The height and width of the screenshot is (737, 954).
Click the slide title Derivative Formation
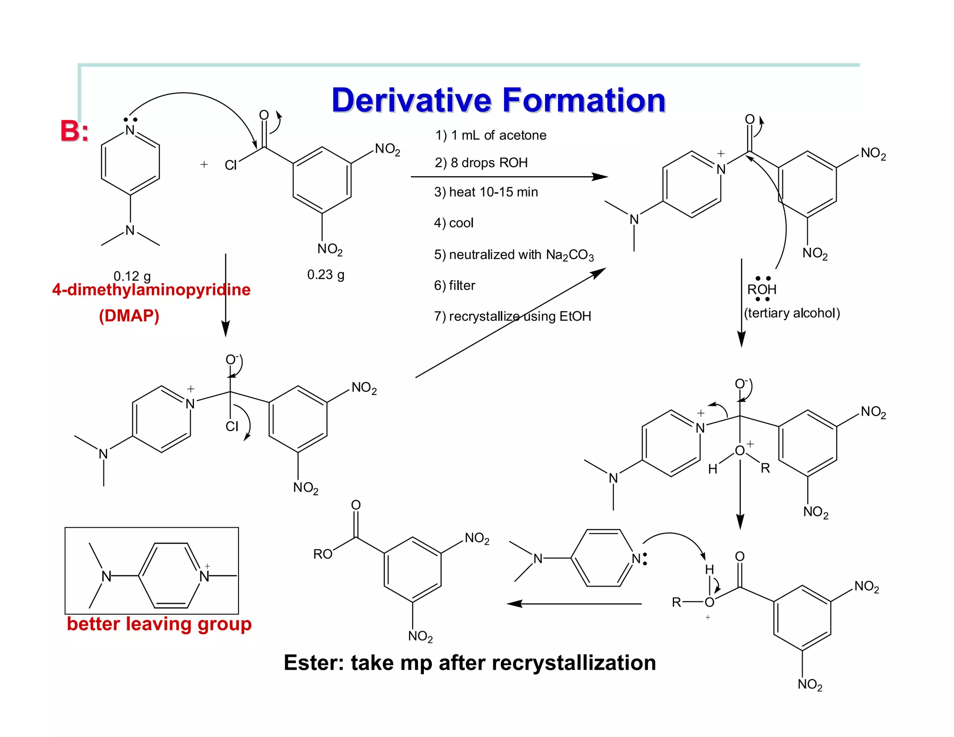tap(498, 101)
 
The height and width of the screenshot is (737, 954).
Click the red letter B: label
tap(74, 131)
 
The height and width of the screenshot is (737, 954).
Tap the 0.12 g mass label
tap(132, 276)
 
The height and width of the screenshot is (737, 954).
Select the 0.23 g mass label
tap(326, 274)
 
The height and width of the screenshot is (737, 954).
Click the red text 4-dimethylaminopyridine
tap(151, 290)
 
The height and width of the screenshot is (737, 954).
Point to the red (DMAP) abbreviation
tap(129, 316)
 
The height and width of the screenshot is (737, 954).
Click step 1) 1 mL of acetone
tap(491, 135)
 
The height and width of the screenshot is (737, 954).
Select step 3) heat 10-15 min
tap(486, 192)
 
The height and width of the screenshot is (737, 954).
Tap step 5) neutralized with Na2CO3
tap(514, 255)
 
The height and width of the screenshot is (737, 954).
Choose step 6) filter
tap(455, 285)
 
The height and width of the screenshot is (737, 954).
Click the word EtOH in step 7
tap(575, 316)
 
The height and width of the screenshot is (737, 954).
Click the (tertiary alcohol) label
tap(792, 313)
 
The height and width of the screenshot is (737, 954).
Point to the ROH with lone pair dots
tap(762, 289)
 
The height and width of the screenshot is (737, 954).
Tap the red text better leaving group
tap(159, 624)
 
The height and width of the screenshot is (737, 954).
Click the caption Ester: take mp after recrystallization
tap(470, 662)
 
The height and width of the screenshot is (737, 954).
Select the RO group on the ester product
tap(322, 554)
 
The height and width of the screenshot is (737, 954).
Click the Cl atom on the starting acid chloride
tap(231, 165)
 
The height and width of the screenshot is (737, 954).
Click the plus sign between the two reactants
tap(204, 164)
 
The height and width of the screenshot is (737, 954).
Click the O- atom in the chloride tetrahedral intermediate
tap(231, 360)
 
